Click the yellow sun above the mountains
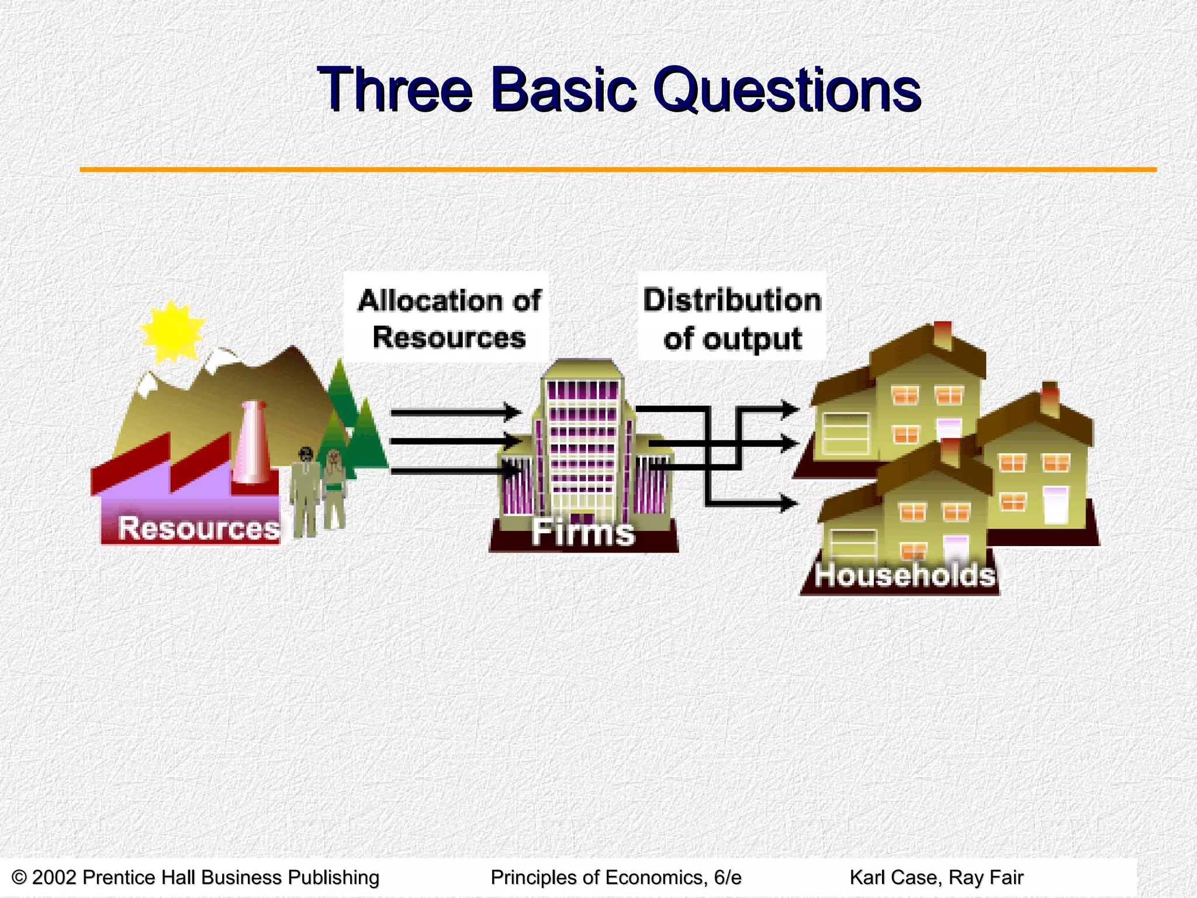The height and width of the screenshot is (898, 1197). click(x=172, y=331)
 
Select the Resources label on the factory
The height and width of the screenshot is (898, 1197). click(x=199, y=528)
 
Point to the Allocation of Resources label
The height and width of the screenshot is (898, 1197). click(x=448, y=319)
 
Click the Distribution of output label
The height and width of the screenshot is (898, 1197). click(x=732, y=319)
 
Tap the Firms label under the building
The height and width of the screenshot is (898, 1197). click(x=583, y=533)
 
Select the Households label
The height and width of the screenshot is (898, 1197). click(x=905, y=575)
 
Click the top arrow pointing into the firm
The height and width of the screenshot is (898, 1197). click(x=456, y=412)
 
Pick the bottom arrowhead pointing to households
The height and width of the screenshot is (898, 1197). click(x=789, y=502)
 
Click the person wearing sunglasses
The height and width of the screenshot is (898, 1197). click(x=305, y=491)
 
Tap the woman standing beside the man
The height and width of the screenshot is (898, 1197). click(x=334, y=488)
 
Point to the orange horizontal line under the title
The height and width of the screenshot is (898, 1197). click(x=618, y=170)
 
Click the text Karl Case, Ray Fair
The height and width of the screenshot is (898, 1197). click(x=936, y=878)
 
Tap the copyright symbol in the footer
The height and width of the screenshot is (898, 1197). click(x=19, y=878)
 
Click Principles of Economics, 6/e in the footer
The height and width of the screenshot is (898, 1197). click(x=615, y=878)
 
